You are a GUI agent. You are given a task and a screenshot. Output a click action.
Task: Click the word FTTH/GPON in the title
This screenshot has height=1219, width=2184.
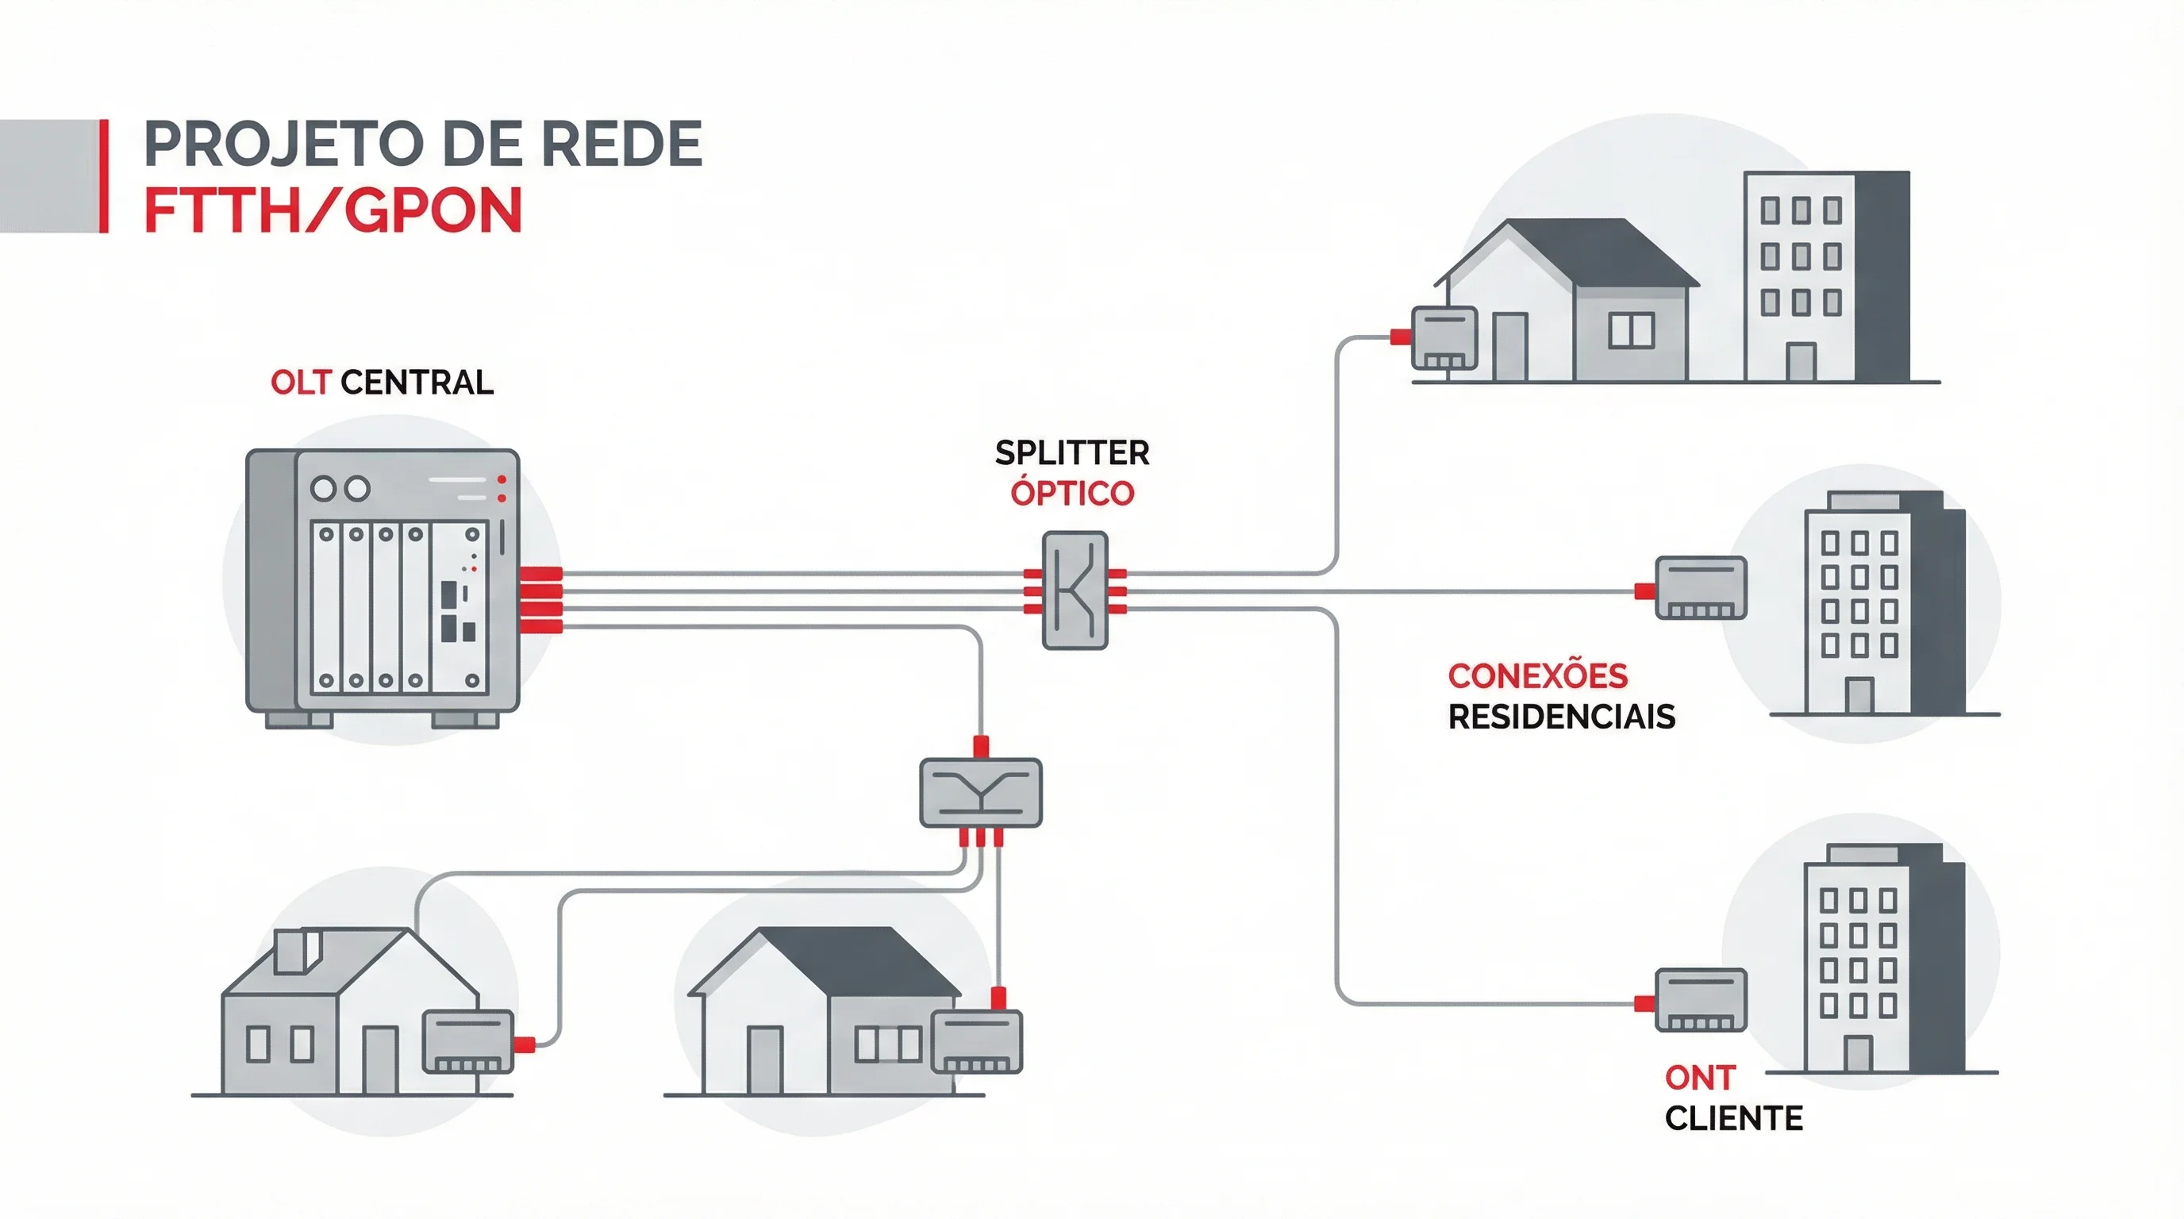333,210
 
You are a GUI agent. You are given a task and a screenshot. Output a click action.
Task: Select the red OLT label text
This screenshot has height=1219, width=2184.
300,383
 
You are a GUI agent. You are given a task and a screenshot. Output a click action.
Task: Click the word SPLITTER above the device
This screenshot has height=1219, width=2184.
1071,453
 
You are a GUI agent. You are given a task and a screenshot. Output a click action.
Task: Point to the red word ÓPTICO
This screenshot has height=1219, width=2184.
1071,494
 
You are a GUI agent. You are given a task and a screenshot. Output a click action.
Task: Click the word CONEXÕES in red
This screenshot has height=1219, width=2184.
1537,676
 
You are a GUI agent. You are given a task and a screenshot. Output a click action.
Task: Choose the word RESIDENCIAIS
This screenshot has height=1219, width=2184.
1561,717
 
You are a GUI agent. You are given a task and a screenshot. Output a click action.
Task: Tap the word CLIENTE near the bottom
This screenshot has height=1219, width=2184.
1733,1119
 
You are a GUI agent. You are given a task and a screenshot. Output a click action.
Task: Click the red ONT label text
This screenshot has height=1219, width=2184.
1699,1079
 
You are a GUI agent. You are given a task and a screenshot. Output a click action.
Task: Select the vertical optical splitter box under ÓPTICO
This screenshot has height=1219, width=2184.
1075,590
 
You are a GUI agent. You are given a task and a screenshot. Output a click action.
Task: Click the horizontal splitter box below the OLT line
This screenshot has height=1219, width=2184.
981,793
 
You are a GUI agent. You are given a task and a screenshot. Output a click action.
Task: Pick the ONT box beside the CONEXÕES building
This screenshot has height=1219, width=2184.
1701,587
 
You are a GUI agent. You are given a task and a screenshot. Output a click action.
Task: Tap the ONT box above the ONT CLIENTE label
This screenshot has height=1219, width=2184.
1701,1000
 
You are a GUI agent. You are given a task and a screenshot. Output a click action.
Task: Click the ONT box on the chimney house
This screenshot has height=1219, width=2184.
468,1042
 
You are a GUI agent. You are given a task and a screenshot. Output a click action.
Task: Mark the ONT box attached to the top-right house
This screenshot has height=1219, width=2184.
1444,338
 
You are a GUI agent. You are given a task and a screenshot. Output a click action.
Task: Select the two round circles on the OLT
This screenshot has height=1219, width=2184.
340,488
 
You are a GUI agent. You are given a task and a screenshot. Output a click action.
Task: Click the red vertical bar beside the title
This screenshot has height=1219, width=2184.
104,175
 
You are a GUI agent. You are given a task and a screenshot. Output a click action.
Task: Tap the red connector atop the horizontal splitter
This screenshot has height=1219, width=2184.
981,747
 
